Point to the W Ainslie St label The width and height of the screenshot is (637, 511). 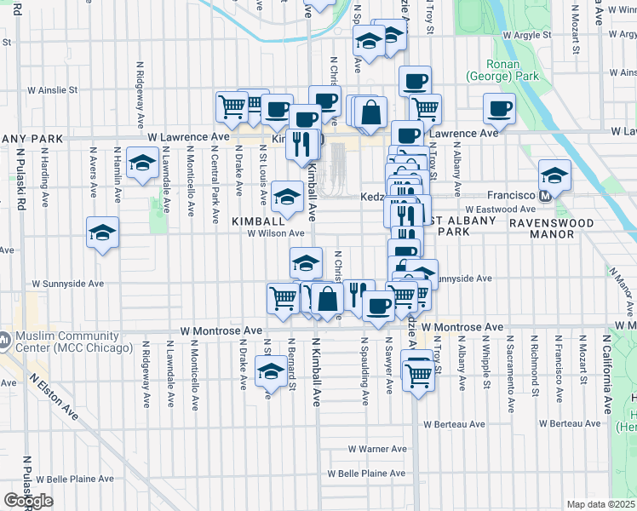(x=53, y=89)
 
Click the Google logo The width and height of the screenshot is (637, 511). (x=28, y=501)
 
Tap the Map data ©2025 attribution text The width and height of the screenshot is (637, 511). (x=600, y=504)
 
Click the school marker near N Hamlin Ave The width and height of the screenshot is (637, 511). (x=142, y=162)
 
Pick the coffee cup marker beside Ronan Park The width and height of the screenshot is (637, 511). (x=499, y=107)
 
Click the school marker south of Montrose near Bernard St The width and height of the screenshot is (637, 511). (x=271, y=371)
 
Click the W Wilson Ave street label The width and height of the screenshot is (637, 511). (x=276, y=233)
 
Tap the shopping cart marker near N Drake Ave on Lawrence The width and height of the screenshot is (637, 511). (x=232, y=106)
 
